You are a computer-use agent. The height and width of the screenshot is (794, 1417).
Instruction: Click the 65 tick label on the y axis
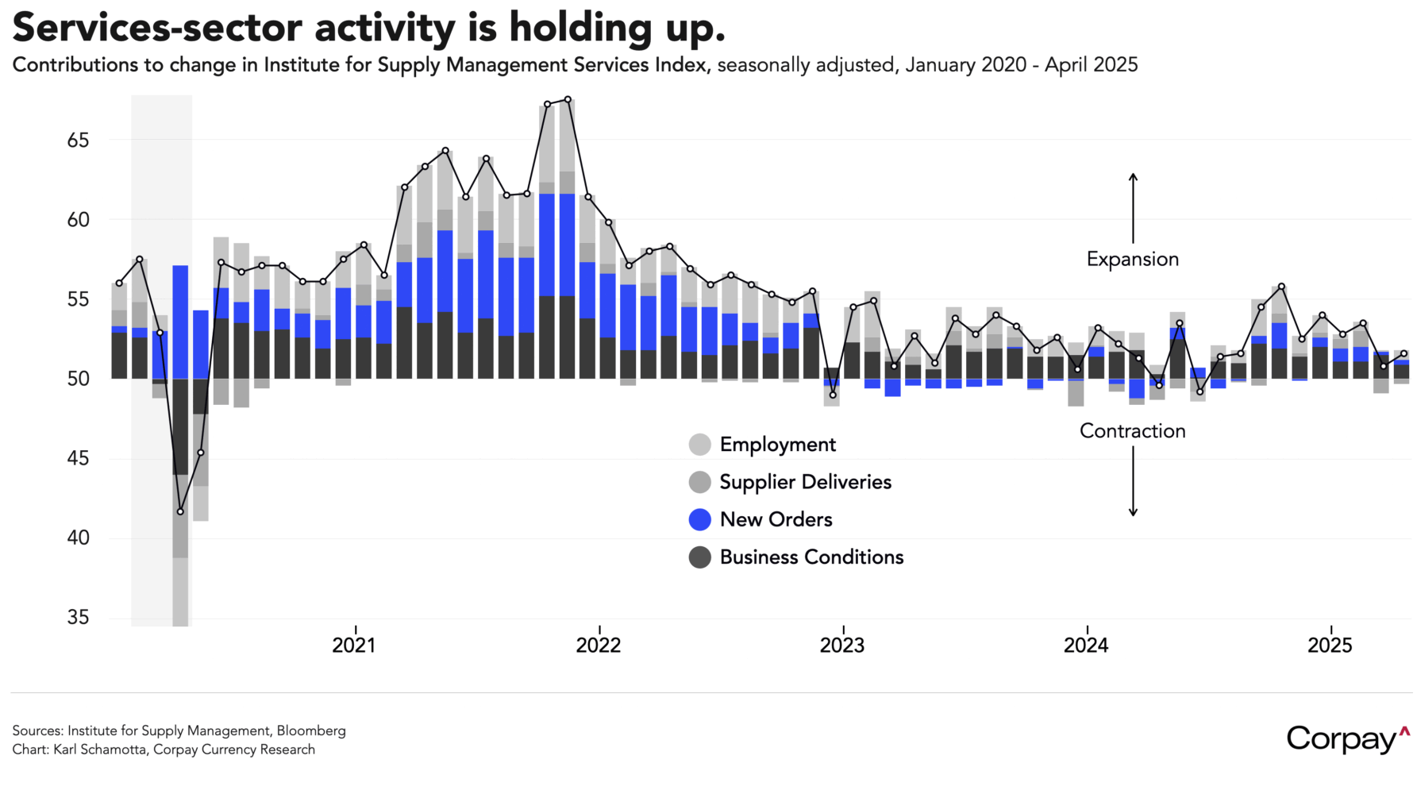(x=78, y=141)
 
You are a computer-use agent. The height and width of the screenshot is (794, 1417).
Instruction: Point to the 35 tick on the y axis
(x=78, y=617)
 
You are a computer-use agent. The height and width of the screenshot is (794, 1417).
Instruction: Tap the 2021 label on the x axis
(x=353, y=645)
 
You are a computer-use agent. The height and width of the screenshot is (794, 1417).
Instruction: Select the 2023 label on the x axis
(x=841, y=645)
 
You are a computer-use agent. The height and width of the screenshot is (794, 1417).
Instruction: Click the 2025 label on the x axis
(x=1329, y=645)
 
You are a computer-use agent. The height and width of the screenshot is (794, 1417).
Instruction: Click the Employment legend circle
(x=699, y=445)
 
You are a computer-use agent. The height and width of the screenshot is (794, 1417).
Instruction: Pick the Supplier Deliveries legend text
(x=805, y=482)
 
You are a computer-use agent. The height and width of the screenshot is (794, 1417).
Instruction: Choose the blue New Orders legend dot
(x=699, y=519)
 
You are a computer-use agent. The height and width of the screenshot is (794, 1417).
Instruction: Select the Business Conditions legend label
(x=811, y=557)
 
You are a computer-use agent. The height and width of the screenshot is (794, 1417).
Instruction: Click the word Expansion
(x=1132, y=259)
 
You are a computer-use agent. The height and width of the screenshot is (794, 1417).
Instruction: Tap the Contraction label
(x=1132, y=430)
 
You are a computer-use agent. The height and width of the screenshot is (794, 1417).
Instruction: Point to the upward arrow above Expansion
(x=1133, y=207)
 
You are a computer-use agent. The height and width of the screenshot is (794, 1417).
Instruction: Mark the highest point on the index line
(x=568, y=99)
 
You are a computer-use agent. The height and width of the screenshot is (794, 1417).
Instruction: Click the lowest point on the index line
(x=180, y=511)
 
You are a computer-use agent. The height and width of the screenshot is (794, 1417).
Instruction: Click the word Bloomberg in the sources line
(x=311, y=730)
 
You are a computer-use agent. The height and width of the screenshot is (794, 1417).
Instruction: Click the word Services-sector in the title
(x=156, y=28)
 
